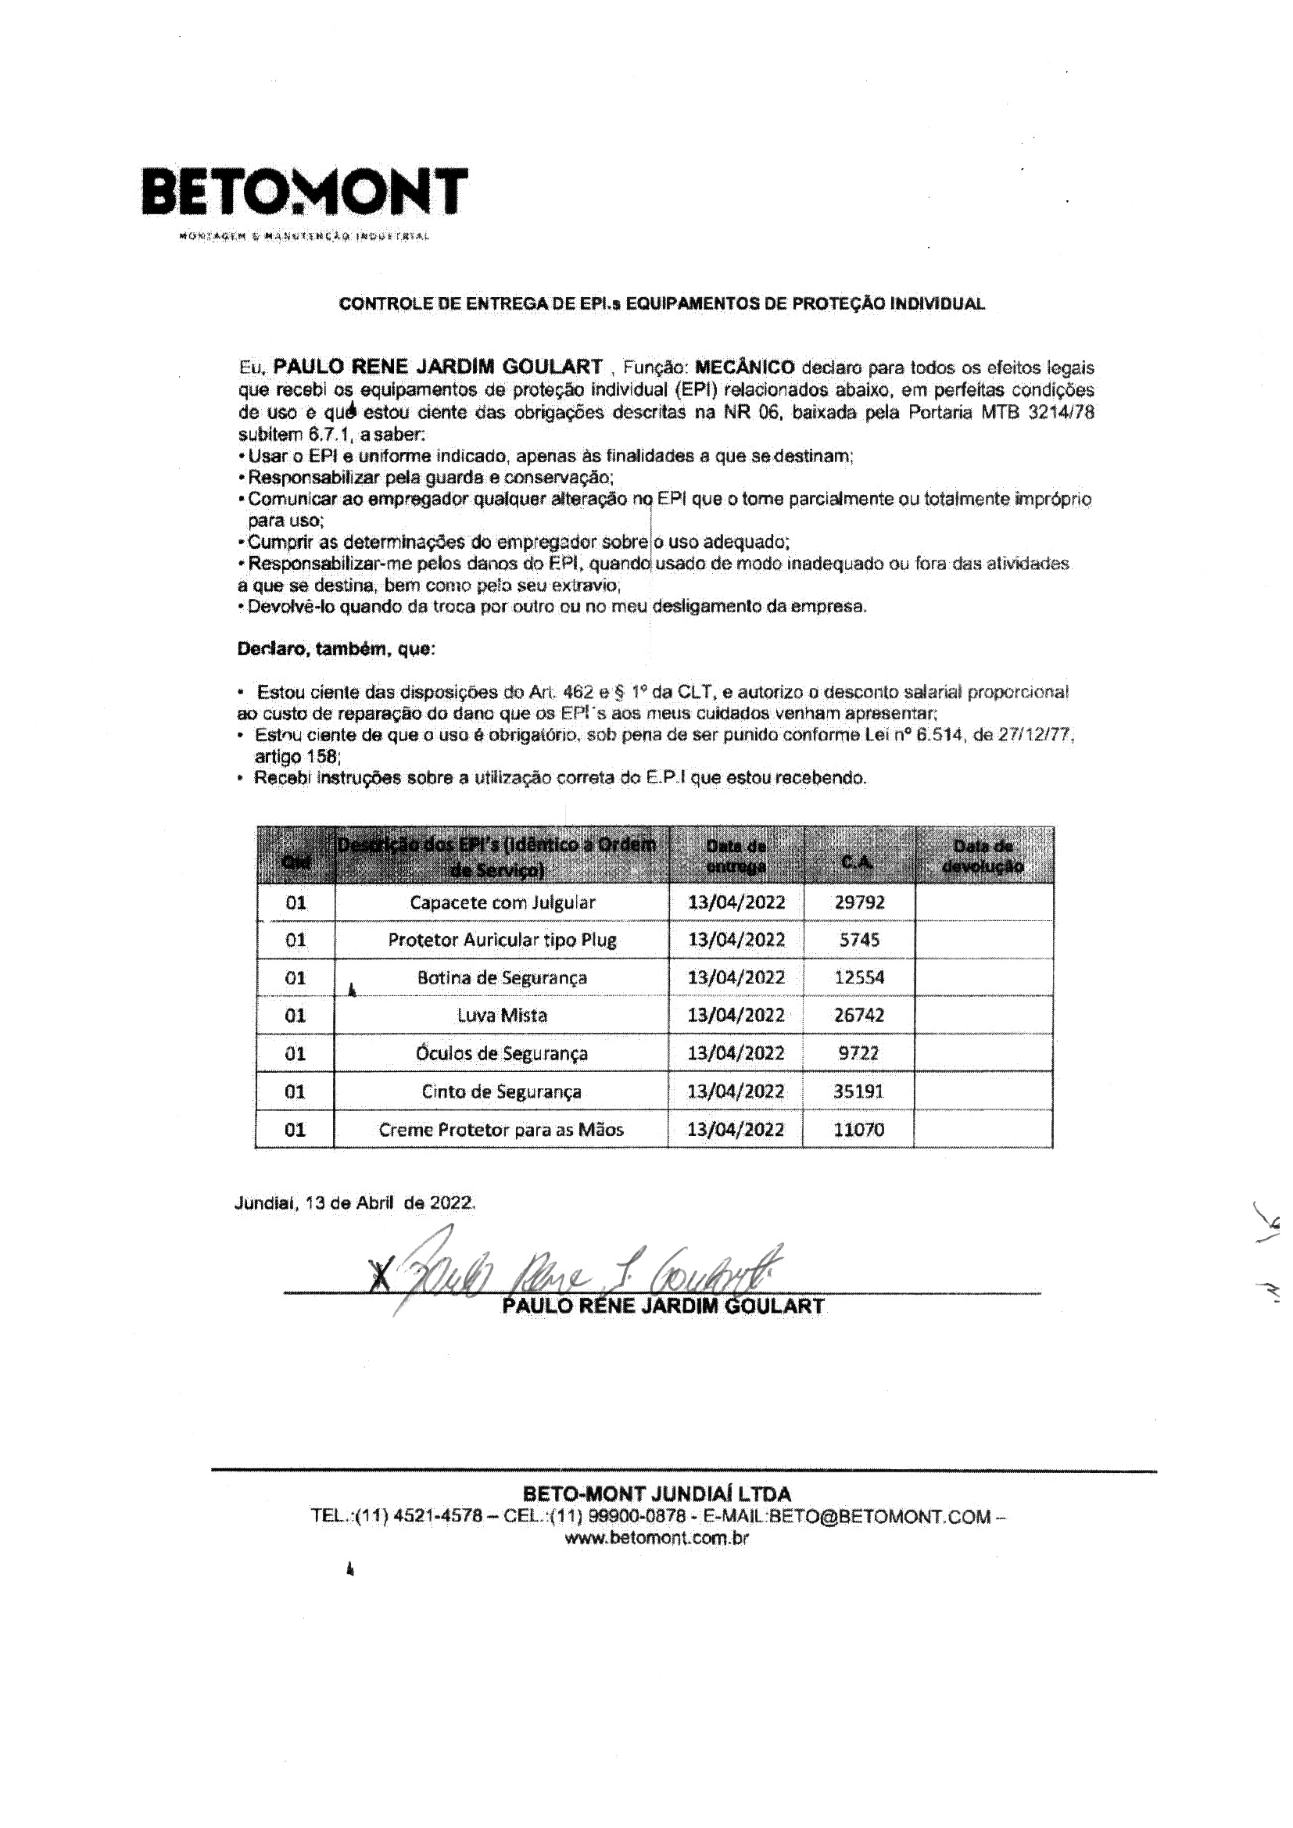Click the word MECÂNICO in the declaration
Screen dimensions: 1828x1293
coord(744,367)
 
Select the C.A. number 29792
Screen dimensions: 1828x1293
coord(859,902)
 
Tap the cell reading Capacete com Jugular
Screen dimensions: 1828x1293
coord(502,902)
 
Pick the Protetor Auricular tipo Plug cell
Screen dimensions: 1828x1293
coord(502,940)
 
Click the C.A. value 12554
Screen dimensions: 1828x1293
coord(859,977)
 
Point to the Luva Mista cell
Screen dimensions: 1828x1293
coord(502,1015)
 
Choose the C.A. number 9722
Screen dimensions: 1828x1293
coord(859,1053)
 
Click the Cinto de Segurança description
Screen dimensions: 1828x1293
coord(502,1091)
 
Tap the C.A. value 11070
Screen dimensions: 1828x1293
coord(859,1129)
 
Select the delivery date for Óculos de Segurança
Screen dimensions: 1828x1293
coord(736,1053)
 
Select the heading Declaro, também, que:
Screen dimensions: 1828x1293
coord(336,649)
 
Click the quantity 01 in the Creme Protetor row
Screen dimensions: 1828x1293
coord(295,1129)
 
